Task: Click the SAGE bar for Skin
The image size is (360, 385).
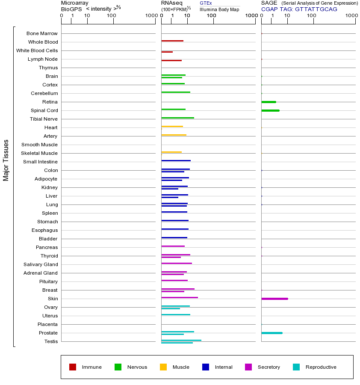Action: pos(274,299)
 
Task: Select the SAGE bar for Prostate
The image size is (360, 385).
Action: pos(272,333)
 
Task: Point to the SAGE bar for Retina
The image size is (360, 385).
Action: pos(269,102)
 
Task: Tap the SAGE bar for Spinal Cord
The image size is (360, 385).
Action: pos(270,110)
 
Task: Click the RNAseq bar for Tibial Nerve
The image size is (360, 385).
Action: pos(177,118)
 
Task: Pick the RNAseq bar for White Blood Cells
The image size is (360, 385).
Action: pos(167,52)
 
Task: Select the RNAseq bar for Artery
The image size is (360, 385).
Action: pos(174,135)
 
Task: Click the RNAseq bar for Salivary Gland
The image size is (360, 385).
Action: pos(177,263)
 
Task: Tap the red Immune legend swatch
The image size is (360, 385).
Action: pos(73,367)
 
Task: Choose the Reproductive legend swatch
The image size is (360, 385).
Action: pos(296,367)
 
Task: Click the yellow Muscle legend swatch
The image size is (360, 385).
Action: pos(163,367)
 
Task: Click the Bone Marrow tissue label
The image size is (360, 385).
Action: pos(42,33)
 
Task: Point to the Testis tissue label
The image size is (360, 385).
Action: pos(51,341)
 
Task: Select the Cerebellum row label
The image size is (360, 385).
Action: pos(44,93)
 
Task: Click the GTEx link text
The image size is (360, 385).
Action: pos(206,3)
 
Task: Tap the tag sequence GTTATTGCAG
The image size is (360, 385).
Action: pos(316,9)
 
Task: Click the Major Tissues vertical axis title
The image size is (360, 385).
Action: pos(6,160)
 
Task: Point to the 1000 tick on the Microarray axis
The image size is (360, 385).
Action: pos(150,16)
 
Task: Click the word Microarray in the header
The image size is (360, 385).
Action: pos(75,3)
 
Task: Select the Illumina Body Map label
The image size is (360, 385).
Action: pos(219,9)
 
